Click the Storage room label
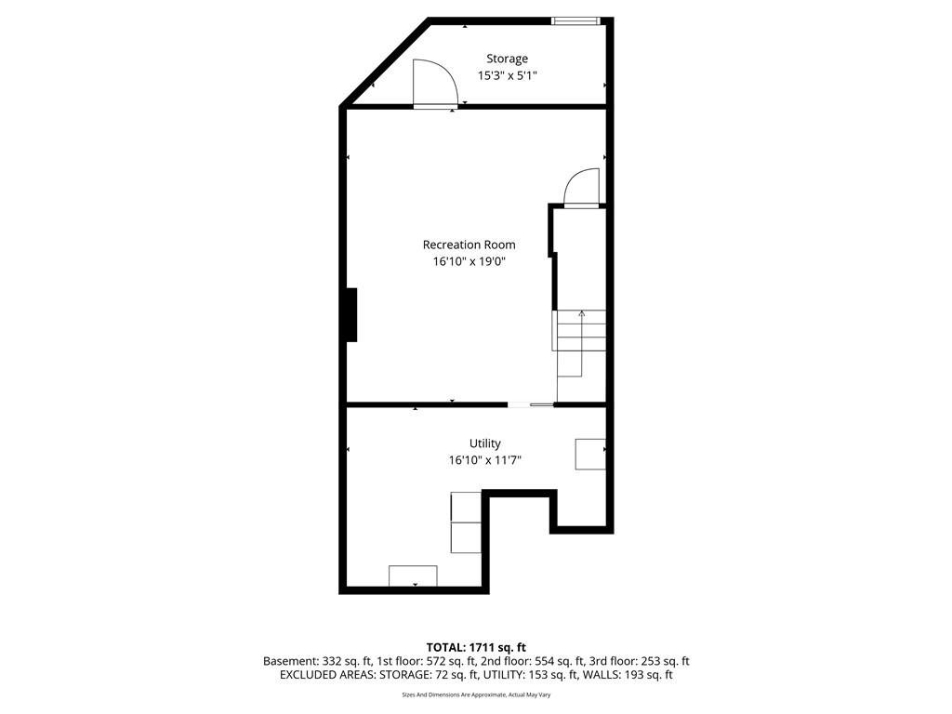coord(507,59)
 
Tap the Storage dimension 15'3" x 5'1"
coord(507,76)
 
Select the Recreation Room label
coord(469,245)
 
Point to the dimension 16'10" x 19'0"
coord(469,261)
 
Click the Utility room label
coord(484,443)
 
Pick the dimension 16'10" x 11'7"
coord(484,460)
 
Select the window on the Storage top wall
coord(575,21)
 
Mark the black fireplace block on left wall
coord(351,315)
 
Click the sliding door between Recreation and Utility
coord(531,404)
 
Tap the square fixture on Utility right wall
coord(590,454)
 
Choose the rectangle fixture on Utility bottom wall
coord(413,576)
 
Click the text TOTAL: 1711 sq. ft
coord(476,647)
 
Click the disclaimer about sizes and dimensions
coord(476,694)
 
